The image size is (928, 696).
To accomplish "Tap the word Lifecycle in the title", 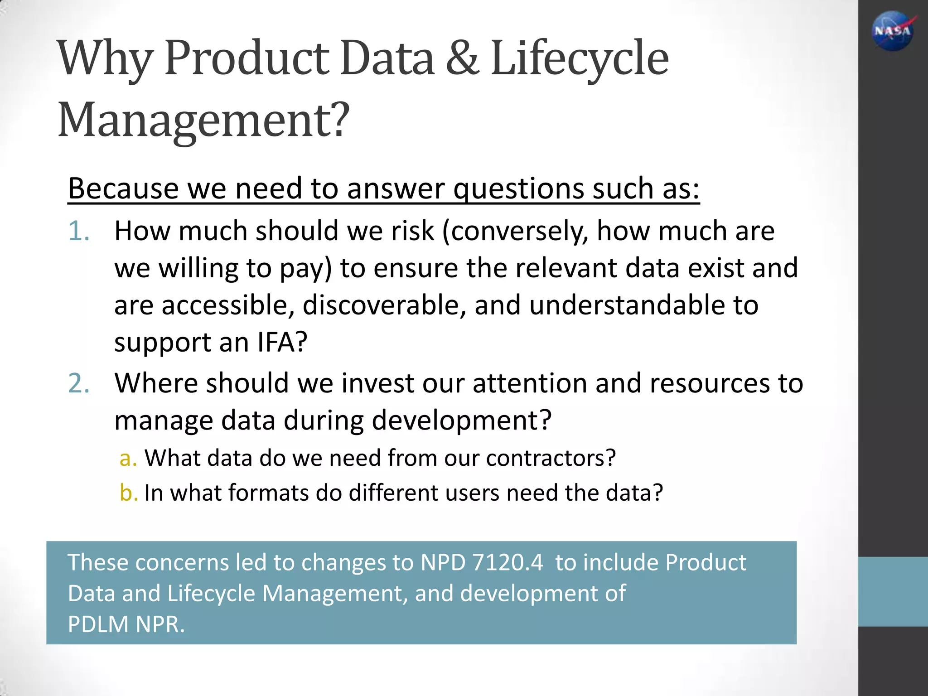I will (580, 59).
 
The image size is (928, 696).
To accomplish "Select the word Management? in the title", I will (204, 120).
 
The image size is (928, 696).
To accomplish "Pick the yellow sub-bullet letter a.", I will (127, 459).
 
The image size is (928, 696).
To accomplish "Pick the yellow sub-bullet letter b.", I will (128, 493).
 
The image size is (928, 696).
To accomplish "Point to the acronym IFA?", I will (282, 342).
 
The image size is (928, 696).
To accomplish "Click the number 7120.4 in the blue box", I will (507, 562).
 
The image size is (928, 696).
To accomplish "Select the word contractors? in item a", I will (551, 458).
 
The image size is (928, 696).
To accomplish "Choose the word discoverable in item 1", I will (384, 305).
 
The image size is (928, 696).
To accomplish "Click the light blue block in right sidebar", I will (893, 591).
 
